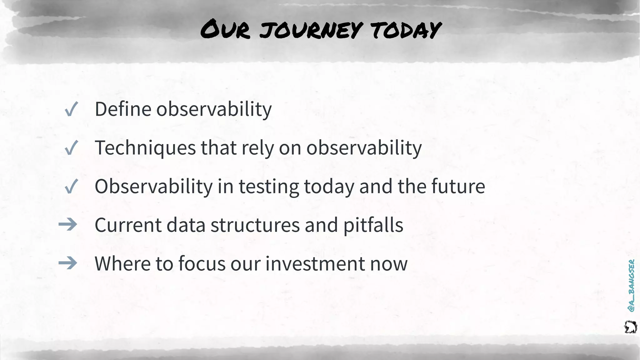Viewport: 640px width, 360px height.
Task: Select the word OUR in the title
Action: click(225, 30)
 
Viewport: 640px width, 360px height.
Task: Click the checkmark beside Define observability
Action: click(71, 110)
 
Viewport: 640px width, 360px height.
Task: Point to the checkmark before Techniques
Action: click(71, 148)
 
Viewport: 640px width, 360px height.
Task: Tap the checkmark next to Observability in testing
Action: click(71, 187)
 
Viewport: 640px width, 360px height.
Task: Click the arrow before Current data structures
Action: click(68, 225)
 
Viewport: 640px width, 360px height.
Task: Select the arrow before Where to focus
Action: click(68, 263)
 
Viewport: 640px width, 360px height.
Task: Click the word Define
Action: click(123, 109)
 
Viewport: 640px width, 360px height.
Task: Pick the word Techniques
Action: click(145, 148)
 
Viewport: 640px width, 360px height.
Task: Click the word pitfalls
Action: click(373, 225)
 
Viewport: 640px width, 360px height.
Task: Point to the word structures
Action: click(255, 225)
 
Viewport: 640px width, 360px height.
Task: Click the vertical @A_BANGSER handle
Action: click(631, 285)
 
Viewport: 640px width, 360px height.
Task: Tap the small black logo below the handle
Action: click(630, 327)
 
